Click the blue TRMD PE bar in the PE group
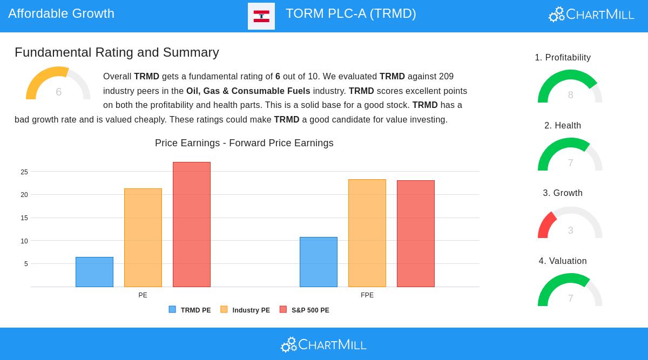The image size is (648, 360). (x=94, y=272)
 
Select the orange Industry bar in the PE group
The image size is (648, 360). (x=143, y=237)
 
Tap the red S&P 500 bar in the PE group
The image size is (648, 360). (x=192, y=225)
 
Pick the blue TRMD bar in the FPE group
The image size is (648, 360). (x=319, y=262)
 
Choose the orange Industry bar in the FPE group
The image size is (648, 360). (x=367, y=233)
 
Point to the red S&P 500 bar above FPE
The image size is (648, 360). (x=416, y=234)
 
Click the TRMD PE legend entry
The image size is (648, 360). (x=190, y=310)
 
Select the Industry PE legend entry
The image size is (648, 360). (x=245, y=310)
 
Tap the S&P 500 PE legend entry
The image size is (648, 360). (x=304, y=310)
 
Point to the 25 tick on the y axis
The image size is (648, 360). (x=24, y=172)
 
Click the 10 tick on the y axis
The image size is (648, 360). (x=24, y=241)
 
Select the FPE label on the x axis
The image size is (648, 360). (x=367, y=295)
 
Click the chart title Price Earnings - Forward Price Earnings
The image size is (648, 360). (x=244, y=143)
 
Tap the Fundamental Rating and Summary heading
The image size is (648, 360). (x=117, y=52)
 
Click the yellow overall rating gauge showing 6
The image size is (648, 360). (x=58, y=85)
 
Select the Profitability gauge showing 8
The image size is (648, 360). (x=570, y=87)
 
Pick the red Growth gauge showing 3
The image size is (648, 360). (x=570, y=223)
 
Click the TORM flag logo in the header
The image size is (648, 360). (x=261, y=16)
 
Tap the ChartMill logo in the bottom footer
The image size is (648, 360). (x=324, y=344)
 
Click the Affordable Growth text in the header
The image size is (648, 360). (x=62, y=13)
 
